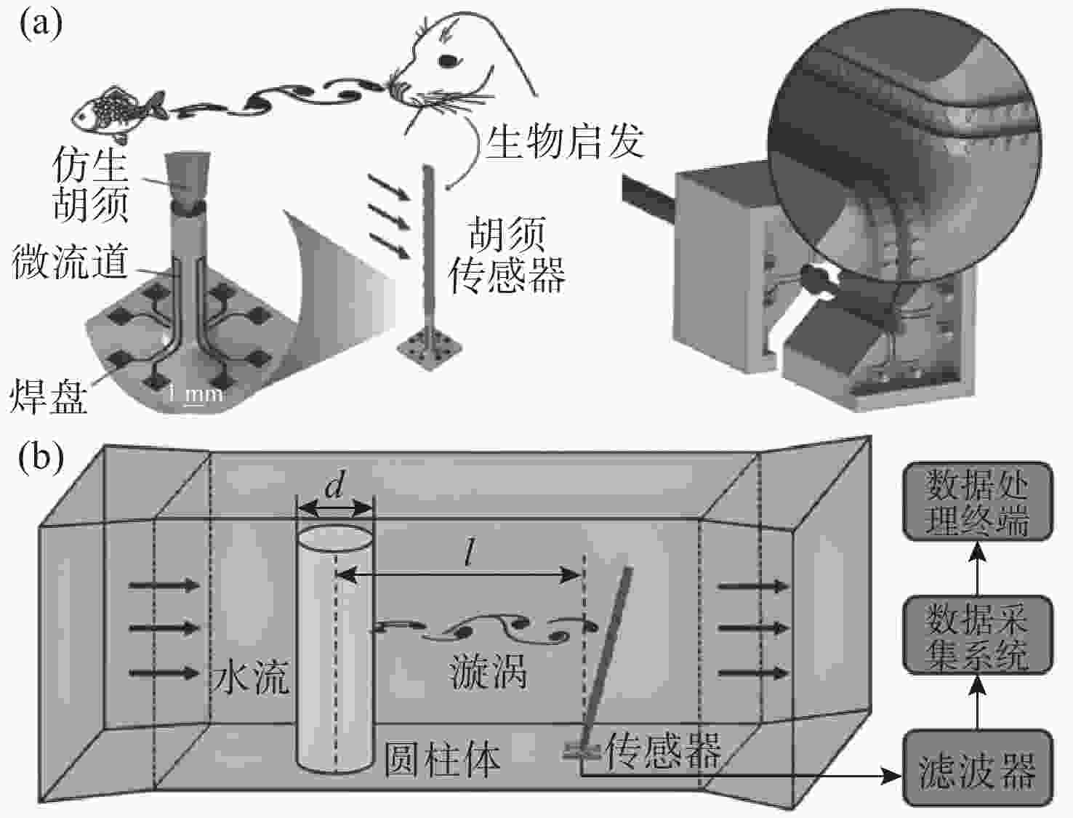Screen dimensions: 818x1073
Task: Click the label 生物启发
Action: (564, 141)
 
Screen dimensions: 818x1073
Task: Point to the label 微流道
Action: (71, 262)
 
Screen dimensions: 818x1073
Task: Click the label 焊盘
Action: (49, 396)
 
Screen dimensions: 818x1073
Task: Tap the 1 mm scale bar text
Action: (195, 395)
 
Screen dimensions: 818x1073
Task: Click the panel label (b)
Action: (41, 457)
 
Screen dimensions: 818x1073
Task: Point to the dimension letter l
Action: (470, 555)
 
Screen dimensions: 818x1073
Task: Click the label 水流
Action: (251, 676)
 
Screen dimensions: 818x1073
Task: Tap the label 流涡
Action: (488, 671)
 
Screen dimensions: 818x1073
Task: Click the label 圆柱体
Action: (442, 759)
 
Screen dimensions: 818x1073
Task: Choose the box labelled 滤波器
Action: (977, 769)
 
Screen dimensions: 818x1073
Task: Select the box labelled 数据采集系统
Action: (977, 635)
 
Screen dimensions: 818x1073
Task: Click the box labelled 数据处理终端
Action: (977, 501)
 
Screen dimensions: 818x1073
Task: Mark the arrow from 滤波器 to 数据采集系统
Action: (978, 702)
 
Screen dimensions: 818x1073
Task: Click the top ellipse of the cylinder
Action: (335, 537)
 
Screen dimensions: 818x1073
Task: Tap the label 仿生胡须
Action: (91, 185)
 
